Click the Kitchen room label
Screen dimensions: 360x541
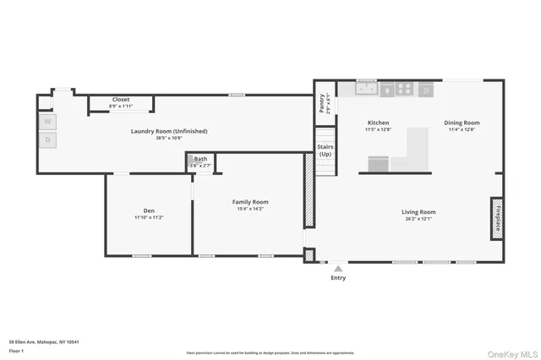(x=377, y=123)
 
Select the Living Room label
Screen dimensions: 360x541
(x=418, y=212)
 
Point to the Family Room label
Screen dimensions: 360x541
(x=250, y=202)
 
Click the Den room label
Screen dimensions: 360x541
(x=148, y=210)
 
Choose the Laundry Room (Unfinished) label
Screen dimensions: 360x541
(x=169, y=131)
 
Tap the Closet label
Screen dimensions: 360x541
(x=121, y=100)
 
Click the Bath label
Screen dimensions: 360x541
(x=200, y=159)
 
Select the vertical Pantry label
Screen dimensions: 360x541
(x=322, y=103)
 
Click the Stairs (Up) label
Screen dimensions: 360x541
(x=325, y=150)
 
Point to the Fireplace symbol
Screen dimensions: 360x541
(x=498, y=217)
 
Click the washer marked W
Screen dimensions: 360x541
(x=48, y=121)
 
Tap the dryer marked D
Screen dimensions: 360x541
(x=48, y=139)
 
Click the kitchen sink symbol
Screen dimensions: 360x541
(x=366, y=88)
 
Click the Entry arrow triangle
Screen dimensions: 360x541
(x=338, y=269)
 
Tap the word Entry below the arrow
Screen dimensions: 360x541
(x=338, y=278)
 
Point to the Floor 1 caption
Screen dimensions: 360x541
(x=15, y=350)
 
